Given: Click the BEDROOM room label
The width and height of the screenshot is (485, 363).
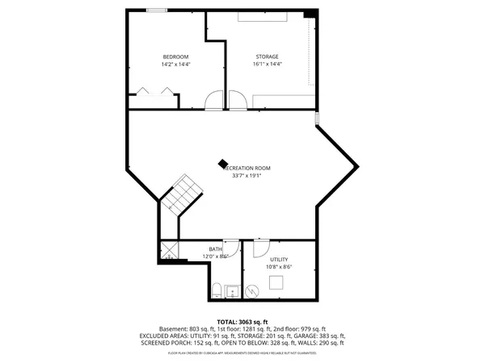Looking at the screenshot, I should point(175,56).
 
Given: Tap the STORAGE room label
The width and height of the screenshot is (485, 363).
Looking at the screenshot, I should point(268,56).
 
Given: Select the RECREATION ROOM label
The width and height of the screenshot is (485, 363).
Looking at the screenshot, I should point(251,168).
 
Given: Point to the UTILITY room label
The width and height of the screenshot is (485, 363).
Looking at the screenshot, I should point(279,259).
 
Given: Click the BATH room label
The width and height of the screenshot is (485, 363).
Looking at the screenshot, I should point(215,249).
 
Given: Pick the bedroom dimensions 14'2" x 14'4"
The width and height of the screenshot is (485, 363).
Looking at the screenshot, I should point(175,64).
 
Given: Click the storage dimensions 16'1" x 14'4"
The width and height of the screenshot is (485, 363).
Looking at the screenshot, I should point(268,64).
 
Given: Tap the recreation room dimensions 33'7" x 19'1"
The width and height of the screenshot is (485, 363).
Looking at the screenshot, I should point(251,175).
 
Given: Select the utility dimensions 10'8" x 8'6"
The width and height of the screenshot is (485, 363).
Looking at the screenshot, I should point(279,266).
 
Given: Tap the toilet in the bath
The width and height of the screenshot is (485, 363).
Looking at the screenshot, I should point(217,290).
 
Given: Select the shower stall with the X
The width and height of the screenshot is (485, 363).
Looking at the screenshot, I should point(170,250).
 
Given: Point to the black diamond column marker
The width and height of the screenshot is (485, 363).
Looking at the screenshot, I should point(223,162).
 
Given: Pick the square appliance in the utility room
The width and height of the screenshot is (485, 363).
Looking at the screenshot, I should point(276,282).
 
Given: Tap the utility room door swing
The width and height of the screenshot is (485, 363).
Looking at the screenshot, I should point(261,247).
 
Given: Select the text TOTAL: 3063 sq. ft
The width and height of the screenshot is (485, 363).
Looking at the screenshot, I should point(242,321).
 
